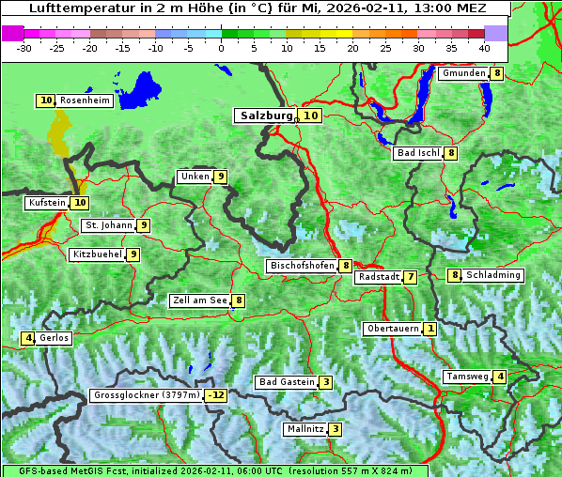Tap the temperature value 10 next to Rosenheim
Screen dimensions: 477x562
(46, 100)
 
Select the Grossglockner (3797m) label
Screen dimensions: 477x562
(147, 395)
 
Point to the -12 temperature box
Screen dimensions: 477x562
(217, 395)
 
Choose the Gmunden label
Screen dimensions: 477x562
(463, 73)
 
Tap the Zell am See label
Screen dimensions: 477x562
(199, 300)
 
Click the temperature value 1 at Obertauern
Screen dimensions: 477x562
(429, 329)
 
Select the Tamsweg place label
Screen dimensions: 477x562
(467, 377)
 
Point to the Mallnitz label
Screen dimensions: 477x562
(304, 429)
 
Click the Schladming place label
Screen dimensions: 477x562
(493, 275)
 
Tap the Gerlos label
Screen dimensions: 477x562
(54, 338)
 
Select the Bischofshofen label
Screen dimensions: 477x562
(302, 266)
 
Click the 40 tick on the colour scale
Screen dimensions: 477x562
(484, 48)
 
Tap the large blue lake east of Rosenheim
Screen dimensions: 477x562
(141, 90)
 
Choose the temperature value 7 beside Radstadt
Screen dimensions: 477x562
(411, 277)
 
